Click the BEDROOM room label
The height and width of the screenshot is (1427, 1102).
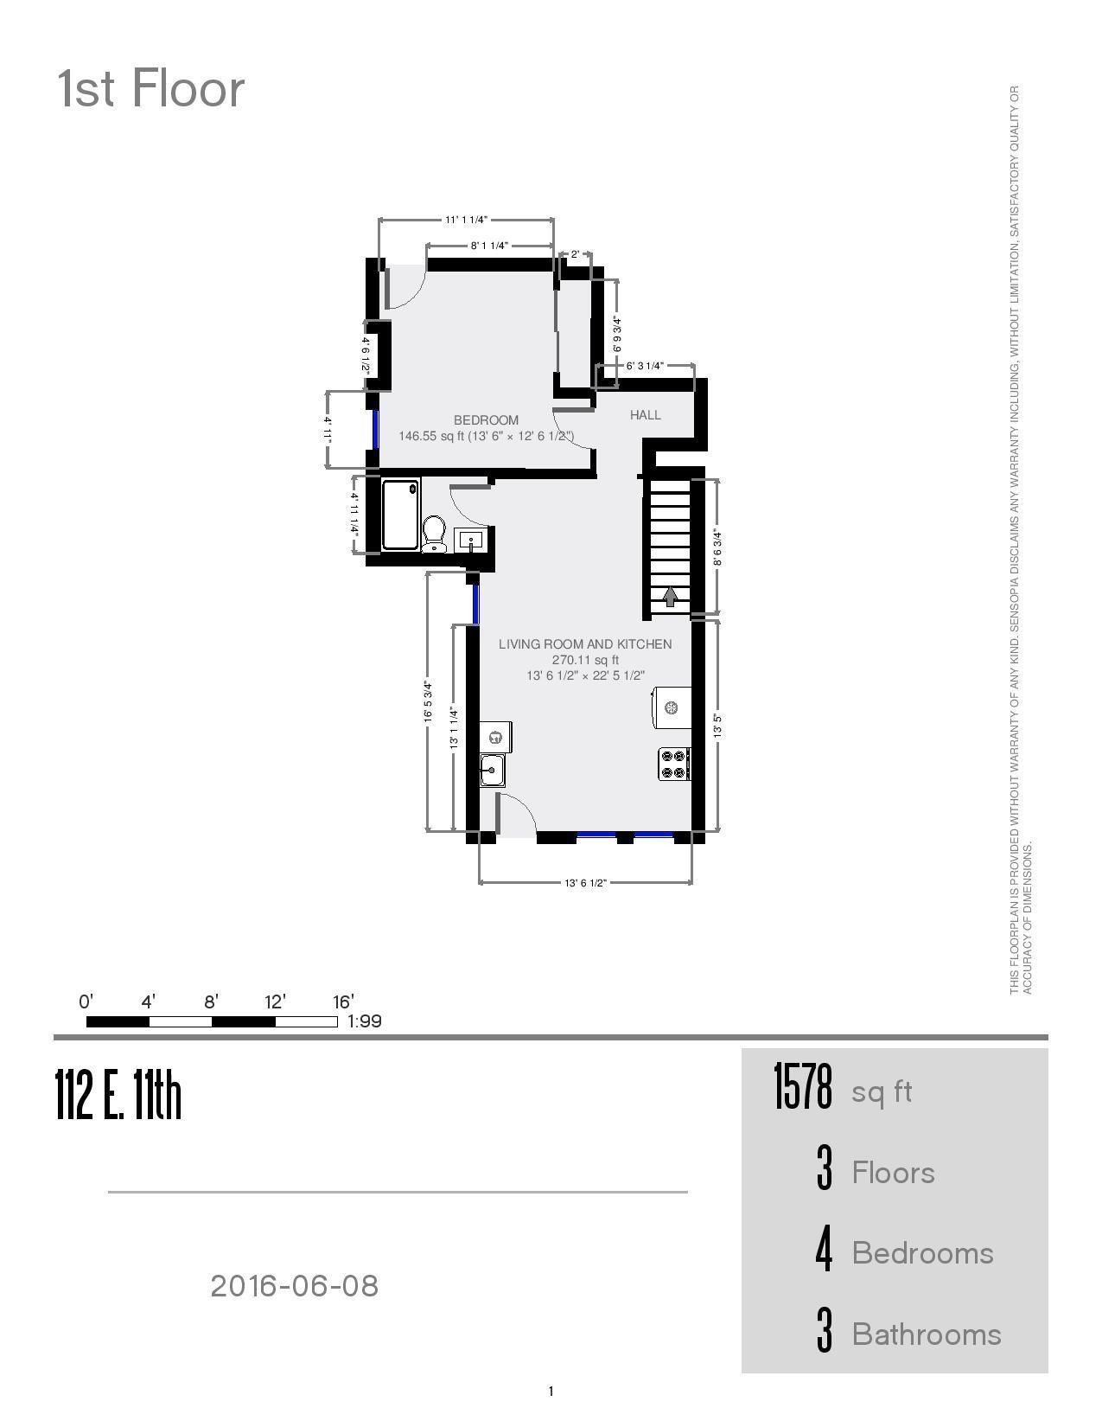point(486,420)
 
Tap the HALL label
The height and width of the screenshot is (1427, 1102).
point(645,415)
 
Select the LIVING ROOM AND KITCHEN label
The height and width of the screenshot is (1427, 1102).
point(585,644)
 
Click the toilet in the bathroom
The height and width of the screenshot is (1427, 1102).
point(435,533)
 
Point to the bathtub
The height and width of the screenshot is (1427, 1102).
point(400,515)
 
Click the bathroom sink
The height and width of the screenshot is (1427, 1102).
point(470,541)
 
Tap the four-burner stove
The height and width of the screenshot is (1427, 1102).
point(673,765)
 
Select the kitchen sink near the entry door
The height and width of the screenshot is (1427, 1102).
point(493,769)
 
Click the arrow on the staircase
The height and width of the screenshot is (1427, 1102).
point(670,597)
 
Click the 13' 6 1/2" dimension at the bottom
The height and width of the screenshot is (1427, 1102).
point(585,883)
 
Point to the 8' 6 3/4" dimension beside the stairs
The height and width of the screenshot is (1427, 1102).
point(717,548)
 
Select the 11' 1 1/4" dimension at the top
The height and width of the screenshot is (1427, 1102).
point(466,220)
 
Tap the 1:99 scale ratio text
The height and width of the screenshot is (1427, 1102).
point(364,1021)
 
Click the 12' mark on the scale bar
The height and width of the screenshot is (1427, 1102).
point(275,1002)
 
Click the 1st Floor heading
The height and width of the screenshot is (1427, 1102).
point(151,89)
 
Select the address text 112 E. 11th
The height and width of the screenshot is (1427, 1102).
point(118,1095)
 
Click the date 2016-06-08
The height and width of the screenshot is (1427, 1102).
point(295,1286)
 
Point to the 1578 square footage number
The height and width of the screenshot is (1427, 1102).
point(802,1087)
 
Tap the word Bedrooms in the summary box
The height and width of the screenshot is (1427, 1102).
point(922,1253)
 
